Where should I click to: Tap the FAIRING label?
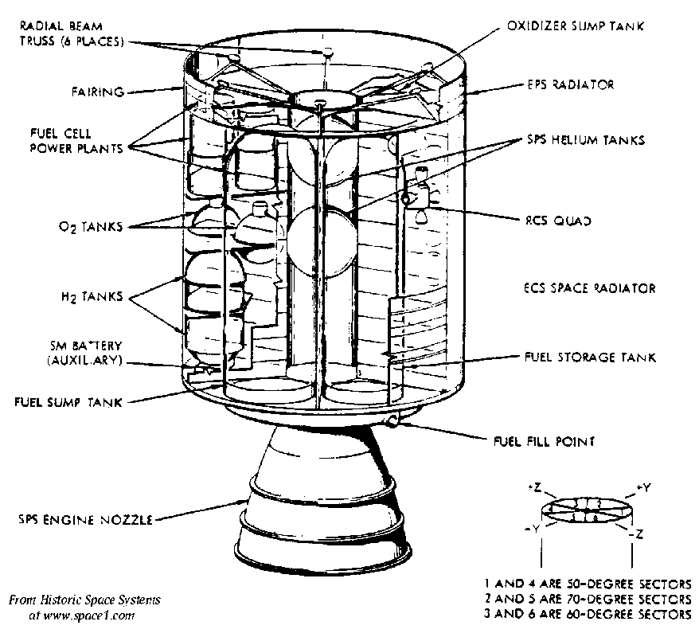click(98, 92)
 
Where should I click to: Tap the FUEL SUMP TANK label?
click(68, 402)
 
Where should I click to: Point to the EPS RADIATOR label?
click(569, 84)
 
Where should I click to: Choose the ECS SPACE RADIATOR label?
click(588, 288)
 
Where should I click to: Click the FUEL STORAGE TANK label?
click(590, 358)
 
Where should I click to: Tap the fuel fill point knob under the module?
click(391, 420)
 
